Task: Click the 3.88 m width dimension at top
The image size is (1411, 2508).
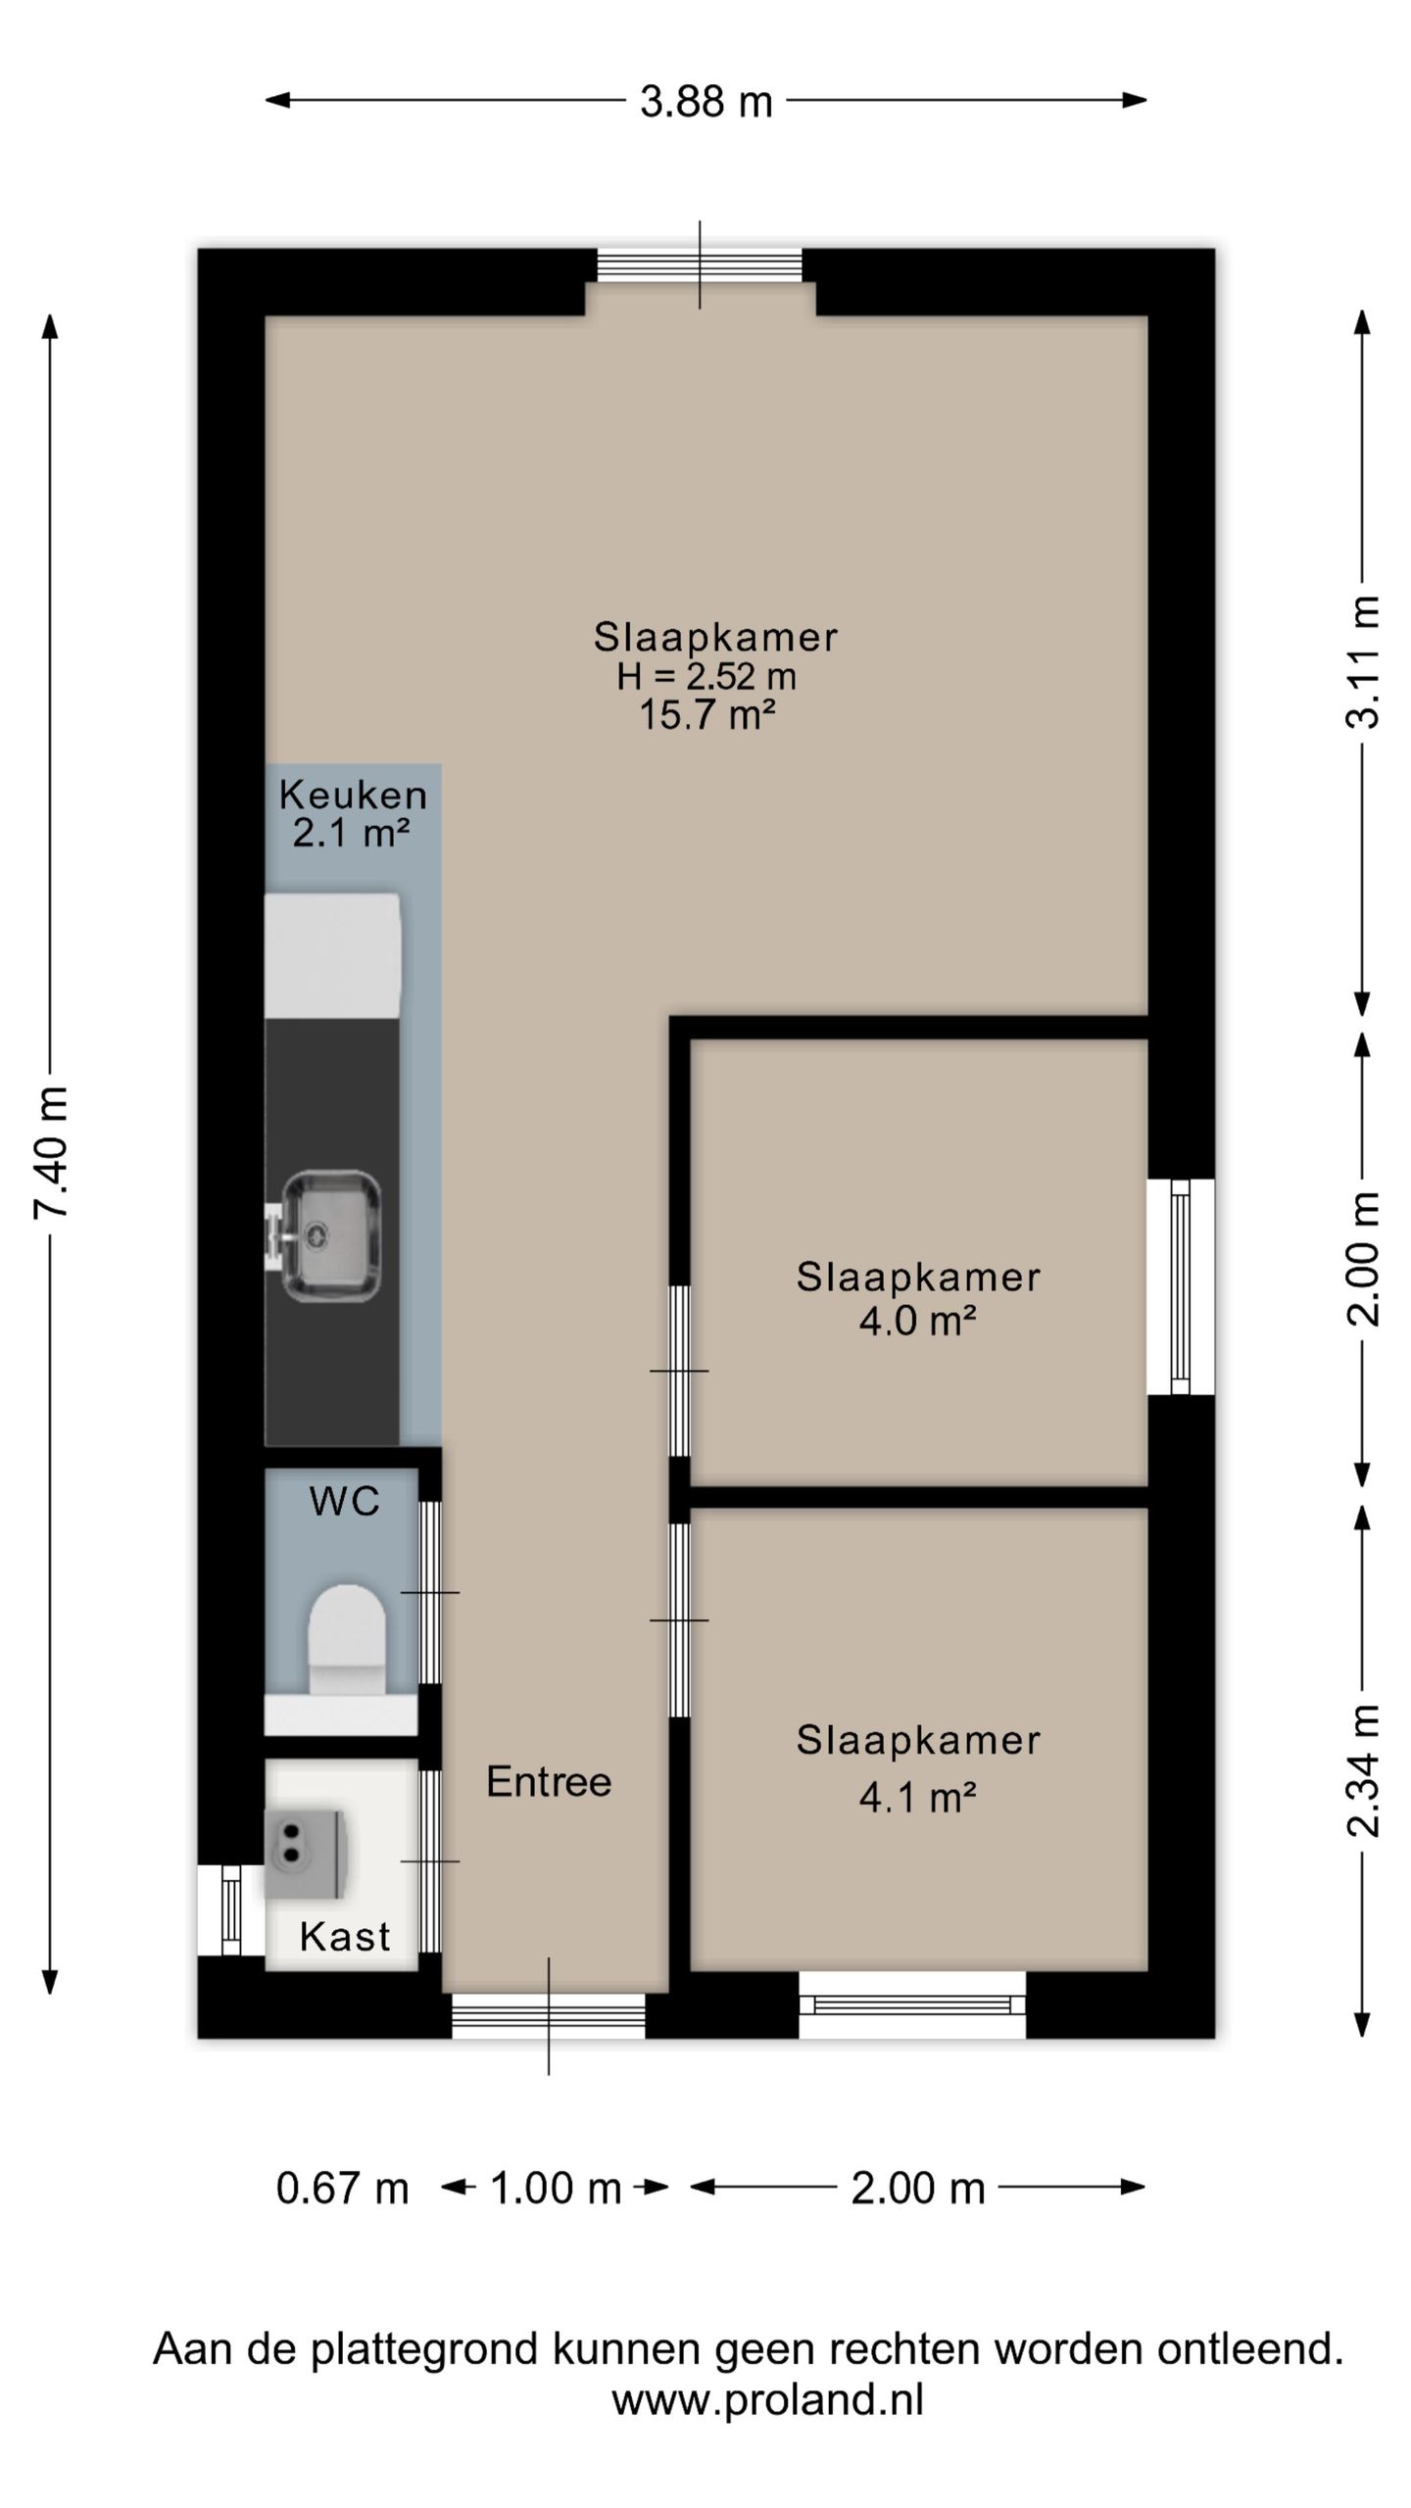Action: click(706, 102)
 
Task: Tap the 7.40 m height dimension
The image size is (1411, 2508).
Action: click(51, 1152)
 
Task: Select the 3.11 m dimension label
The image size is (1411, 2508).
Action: click(1363, 661)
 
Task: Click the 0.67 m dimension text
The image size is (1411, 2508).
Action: click(342, 2189)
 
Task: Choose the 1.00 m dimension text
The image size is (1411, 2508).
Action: click(556, 2189)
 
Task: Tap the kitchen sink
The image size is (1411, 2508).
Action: click(323, 1235)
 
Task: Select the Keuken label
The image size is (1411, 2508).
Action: click(353, 795)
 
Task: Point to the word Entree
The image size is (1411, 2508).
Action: click(549, 1782)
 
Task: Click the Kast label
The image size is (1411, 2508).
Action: click(345, 1937)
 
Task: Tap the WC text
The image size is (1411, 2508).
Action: click(345, 1502)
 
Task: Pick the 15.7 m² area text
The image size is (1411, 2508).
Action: click(707, 715)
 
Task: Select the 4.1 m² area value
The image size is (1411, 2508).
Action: click(917, 1797)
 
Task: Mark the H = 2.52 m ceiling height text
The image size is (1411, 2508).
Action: click(706, 676)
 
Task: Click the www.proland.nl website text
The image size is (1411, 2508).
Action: click(767, 2399)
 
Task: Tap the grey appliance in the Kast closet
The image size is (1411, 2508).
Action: click(306, 1855)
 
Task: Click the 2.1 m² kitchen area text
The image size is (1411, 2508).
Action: click(351, 834)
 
